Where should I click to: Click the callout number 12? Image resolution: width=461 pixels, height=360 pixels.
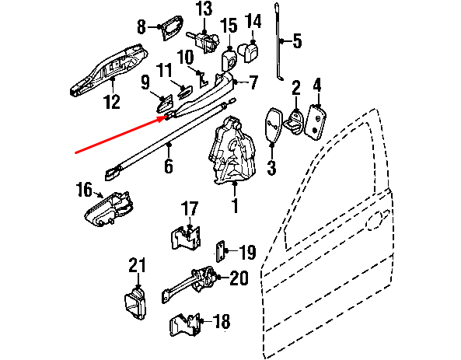pyautogui.click(x=112, y=102)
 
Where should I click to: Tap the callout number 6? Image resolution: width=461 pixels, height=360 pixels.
pyautogui.click(x=168, y=166)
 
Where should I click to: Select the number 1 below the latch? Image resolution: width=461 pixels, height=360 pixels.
pyautogui.click(x=235, y=205)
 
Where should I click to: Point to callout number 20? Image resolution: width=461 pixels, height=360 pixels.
pyautogui.click(x=239, y=278)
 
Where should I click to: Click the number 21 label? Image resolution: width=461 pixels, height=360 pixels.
pyautogui.click(x=137, y=265)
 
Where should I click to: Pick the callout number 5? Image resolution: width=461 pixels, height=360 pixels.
pyautogui.click(x=297, y=41)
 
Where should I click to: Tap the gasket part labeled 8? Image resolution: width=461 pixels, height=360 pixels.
pyautogui.click(x=173, y=27)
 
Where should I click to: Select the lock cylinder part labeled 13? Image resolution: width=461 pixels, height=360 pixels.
pyautogui.click(x=204, y=42)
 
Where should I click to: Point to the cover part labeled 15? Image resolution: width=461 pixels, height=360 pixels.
pyautogui.click(x=229, y=61)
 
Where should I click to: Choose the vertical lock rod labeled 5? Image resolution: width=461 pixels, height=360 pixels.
pyautogui.click(x=278, y=41)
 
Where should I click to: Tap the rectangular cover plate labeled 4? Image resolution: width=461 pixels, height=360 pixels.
pyautogui.click(x=316, y=122)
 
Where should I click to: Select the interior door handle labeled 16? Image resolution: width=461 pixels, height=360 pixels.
pyautogui.click(x=107, y=209)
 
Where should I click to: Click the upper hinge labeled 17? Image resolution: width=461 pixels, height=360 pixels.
pyautogui.click(x=186, y=238)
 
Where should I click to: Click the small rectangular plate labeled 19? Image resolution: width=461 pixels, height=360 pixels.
pyautogui.click(x=221, y=251)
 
